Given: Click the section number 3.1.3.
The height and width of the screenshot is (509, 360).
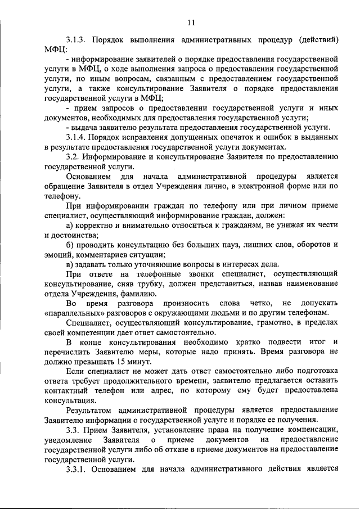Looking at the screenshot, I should pos(76,40).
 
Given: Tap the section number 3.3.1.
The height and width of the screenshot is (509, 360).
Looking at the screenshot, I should pos(76,468).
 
